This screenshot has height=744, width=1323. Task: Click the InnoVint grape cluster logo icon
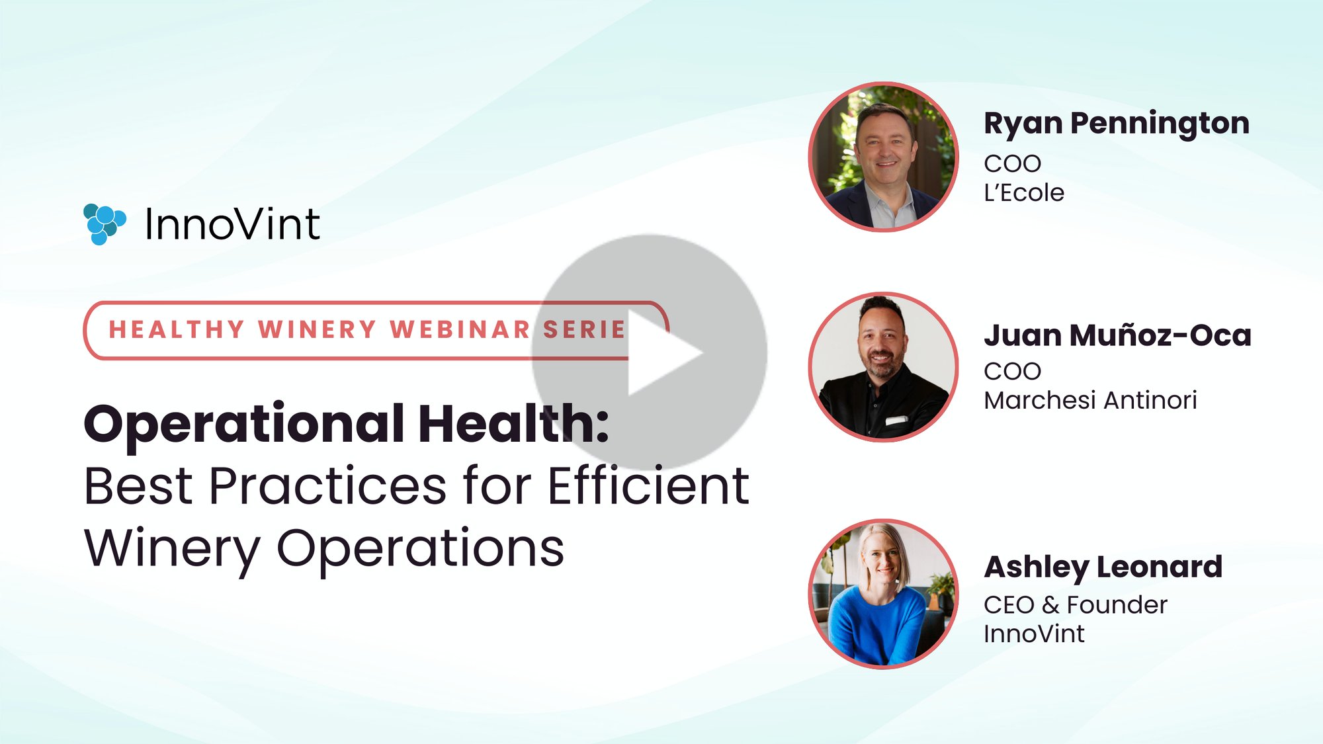click(104, 224)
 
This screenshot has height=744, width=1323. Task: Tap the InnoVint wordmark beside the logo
click(232, 224)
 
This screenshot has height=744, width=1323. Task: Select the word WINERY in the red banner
click(318, 329)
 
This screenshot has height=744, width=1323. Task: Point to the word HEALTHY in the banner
click(177, 329)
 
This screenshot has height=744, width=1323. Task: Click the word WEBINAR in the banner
click(460, 329)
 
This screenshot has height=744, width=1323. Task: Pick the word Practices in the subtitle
click(328, 487)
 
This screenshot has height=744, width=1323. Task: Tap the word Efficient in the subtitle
click(648, 487)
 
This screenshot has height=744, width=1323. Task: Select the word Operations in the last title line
click(420, 549)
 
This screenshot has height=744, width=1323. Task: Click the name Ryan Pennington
click(1116, 124)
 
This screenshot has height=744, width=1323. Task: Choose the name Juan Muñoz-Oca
click(1117, 335)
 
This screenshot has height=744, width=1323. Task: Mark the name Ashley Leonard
click(1103, 567)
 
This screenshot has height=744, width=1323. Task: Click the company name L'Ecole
click(1023, 193)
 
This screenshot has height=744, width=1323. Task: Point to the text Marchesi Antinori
click(1090, 400)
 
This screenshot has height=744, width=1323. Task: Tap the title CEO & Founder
click(1075, 604)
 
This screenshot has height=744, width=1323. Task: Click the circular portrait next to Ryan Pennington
click(883, 157)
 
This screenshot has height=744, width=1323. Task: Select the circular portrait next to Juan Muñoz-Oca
click(883, 366)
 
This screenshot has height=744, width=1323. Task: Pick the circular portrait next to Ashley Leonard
click(883, 593)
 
